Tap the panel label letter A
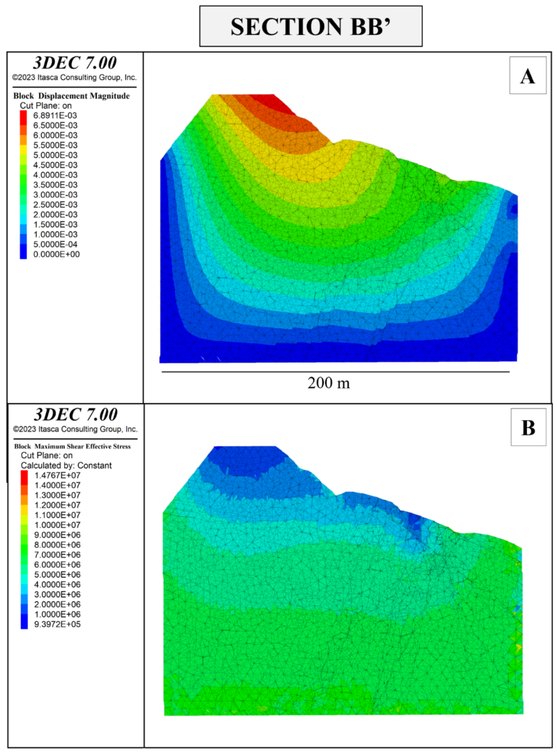pyautogui.click(x=527, y=76)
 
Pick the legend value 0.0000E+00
pyautogui.click(x=56, y=254)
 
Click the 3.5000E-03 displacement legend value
pyautogui.click(x=55, y=185)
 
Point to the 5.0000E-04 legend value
pyautogui.click(x=55, y=244)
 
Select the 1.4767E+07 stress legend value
pyautogui.click(x=57, y=475)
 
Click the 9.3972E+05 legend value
pyautogui.click(x=57, y=624)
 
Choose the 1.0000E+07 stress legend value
pyautogui.click(x=57, y=525)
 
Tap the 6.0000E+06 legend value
pyautogui.click(x=57, y=564)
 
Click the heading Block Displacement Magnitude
pyautogui.click(x=71, y=96)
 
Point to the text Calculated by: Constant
pyautogui.click(x=66, y=466)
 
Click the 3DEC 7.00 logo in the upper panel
pyautogui.click(x=75, y=63)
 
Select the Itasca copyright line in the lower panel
pyautogui.click(x=75, y=429)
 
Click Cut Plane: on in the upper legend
pyautogui.click(x=46, y=106)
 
